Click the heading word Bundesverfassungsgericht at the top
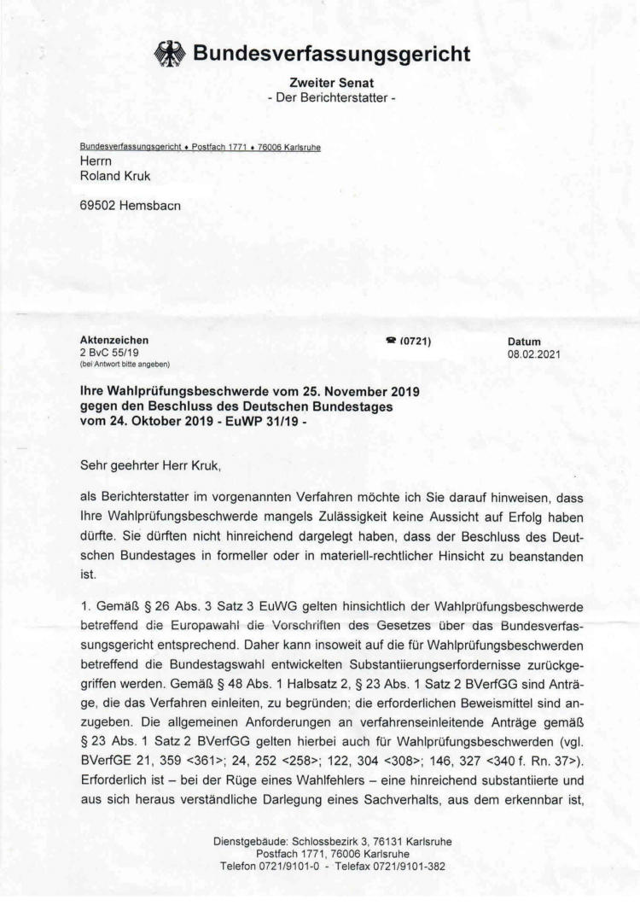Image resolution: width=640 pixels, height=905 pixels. [x=332, y=55]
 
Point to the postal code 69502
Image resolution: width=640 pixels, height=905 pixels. [x=97, y=205]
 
